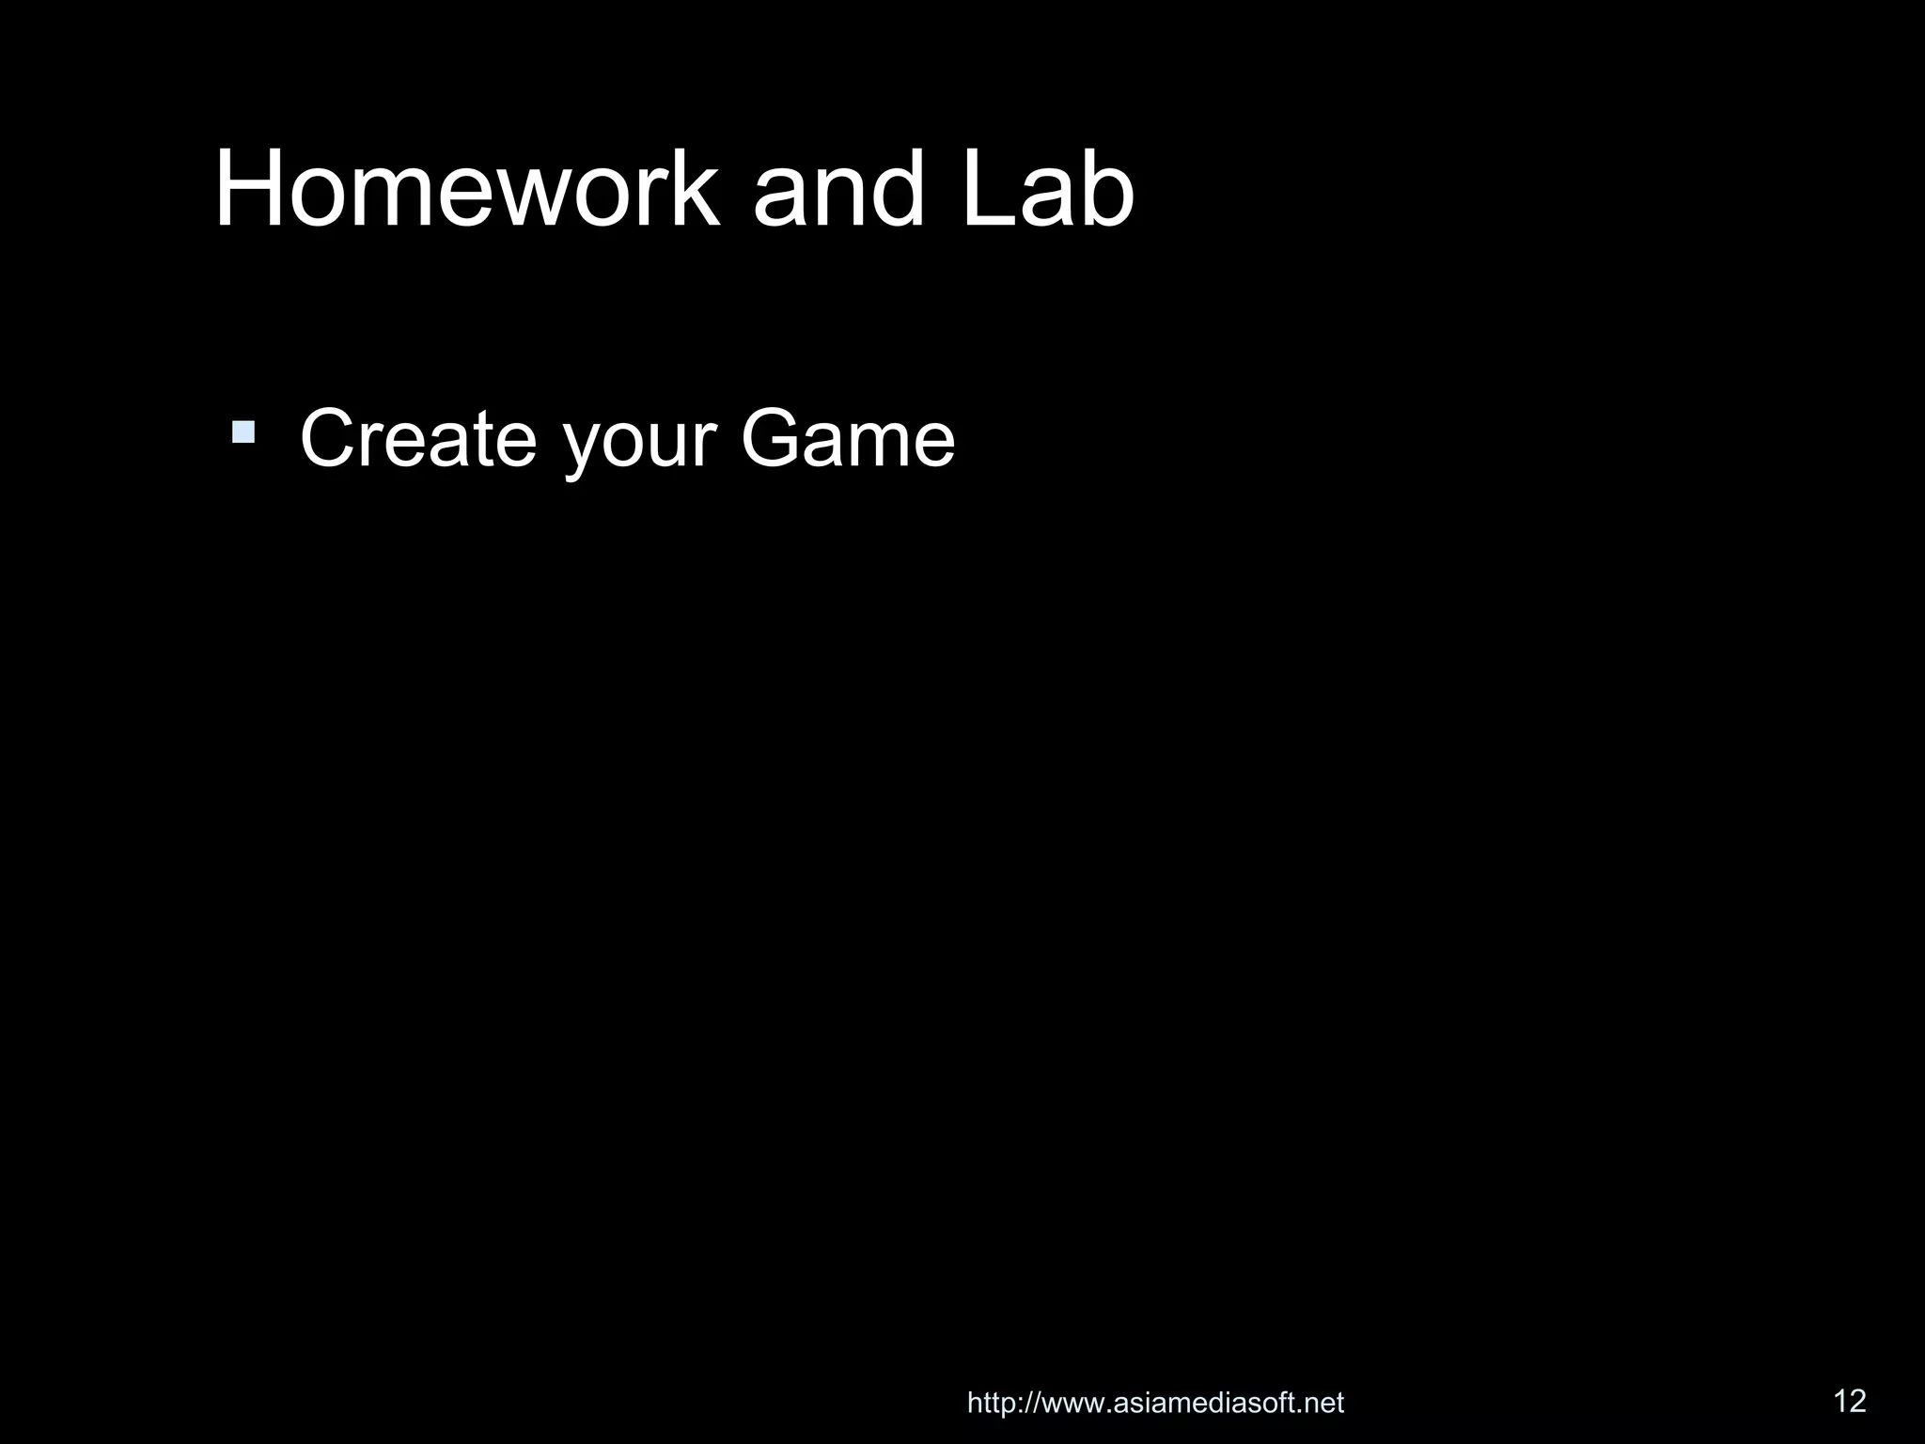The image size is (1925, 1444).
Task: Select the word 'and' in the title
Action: coord(838,190)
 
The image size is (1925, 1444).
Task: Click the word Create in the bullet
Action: coord(418,438)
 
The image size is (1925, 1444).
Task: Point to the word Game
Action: coord(848,438)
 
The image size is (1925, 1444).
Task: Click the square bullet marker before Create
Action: coord(243,432)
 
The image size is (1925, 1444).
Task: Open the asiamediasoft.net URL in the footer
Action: coord(1155,1404)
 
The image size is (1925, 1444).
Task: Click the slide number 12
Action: coord(1850,1401)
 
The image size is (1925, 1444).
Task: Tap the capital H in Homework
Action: coord(247,190)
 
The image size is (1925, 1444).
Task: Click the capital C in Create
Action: coord(328,438)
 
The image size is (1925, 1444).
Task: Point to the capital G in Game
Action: coord(774,438)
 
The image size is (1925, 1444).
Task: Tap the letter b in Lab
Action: coord(1109,190)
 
